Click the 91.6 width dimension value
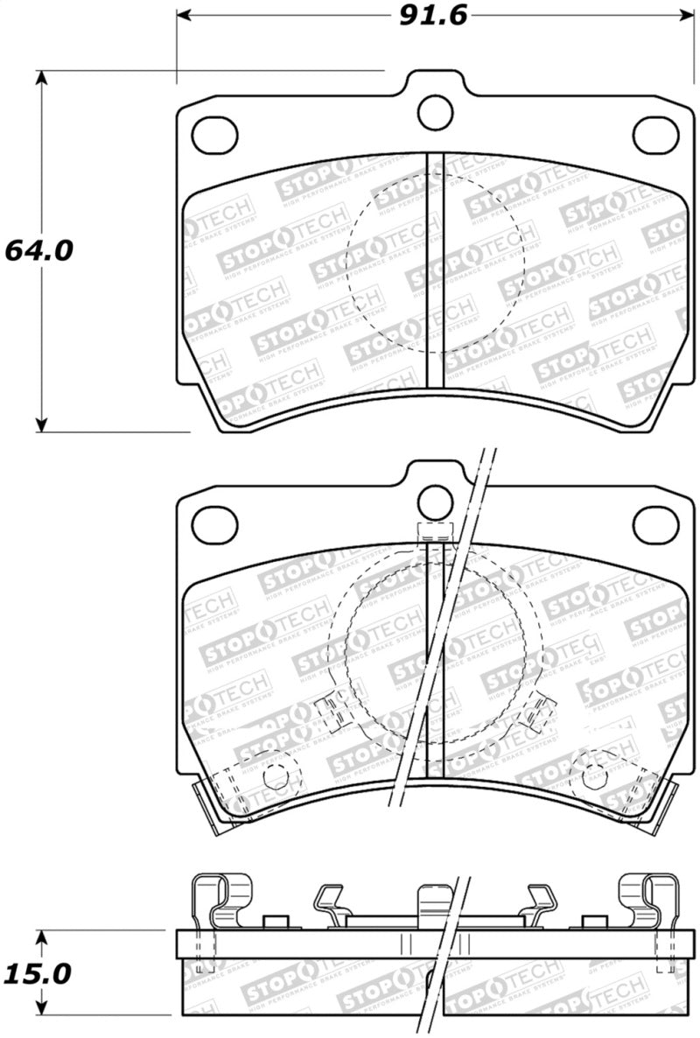click(x=430, y=16)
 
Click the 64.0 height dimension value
click(x=38, y=250)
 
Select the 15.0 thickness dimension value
click(x=38, y=973)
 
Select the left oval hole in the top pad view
click(x=214, y=133)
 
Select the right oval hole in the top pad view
click(x=656, y=133)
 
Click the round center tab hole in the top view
click(x=435, y=111)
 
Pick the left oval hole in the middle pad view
click(x=214, y=524)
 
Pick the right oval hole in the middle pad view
click(x=656, y=524)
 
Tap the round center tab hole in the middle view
click(x=435, y=502)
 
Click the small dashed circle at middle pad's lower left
click(x=276, y=775)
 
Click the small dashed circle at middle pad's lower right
click(x=595, y=775)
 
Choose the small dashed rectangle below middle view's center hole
click(x=435, y=530)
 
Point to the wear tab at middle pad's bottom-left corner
click(x=208, y=800)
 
